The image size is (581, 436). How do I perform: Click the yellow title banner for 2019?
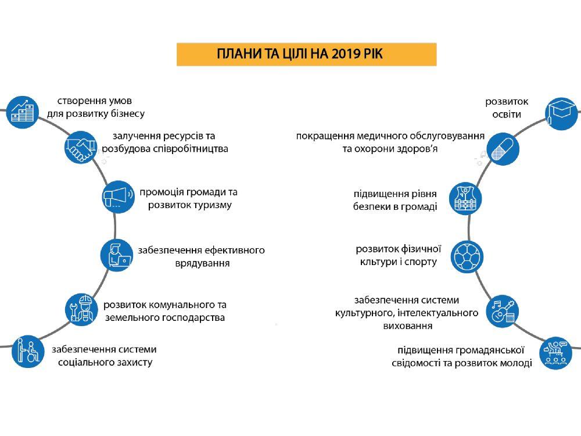point(306,53)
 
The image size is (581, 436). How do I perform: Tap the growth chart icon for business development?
point(22,112)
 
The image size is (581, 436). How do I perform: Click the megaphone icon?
point(118,196)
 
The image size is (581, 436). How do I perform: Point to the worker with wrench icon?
point(81,309)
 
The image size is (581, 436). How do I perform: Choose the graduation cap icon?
point(561,113)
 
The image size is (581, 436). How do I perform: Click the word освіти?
point(507,114)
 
